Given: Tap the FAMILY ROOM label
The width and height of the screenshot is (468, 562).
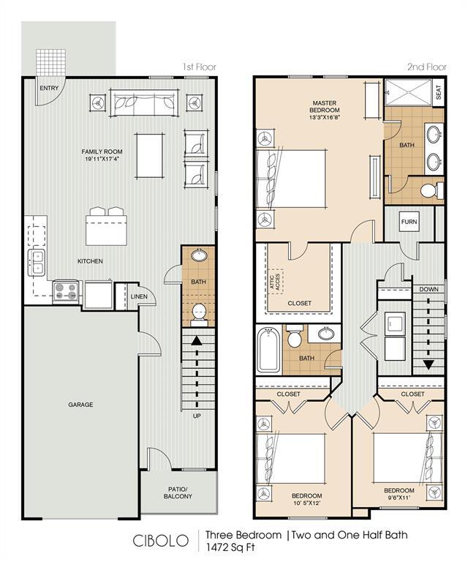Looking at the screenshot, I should tap(102, 156).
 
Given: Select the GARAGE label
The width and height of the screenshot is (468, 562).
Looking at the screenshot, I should tap(80, 405).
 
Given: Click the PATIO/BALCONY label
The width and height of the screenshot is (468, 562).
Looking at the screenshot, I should tap(178, 492).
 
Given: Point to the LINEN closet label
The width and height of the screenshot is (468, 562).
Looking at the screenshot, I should tap(139, 296).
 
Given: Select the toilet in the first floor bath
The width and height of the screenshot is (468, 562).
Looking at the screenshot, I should tap(198, 313).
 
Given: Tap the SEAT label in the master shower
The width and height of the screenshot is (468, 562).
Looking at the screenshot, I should tap(438, 93).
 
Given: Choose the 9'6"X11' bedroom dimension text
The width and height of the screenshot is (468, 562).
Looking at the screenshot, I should tap(399, 498).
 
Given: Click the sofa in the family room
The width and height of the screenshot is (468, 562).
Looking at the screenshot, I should tap(144, 103).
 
